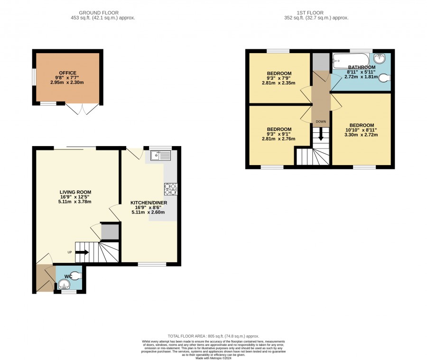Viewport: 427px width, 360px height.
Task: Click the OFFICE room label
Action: [67, 73]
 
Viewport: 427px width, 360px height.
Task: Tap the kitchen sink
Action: [161, 156]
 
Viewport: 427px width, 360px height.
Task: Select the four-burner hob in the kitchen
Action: [170, 189]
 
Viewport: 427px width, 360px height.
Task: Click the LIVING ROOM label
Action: [75, 192]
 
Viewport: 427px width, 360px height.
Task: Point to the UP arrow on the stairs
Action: [82, 252]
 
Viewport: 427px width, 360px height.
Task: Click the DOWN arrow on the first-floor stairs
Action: [321, 134]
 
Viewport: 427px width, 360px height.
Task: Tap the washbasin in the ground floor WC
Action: [64, 285]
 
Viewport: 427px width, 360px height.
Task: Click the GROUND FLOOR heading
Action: [99, 13]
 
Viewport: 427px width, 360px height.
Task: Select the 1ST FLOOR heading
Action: [310, 13]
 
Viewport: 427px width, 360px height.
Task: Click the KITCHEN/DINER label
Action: [149, 203]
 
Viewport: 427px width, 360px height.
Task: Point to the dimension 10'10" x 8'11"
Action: [361, 130]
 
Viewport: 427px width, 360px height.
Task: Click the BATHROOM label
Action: [362, 67]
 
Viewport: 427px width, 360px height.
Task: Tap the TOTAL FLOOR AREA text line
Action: [213, 336]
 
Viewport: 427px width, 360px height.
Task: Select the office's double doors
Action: [82, 109]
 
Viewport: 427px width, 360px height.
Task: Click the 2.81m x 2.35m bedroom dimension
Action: [278, 83]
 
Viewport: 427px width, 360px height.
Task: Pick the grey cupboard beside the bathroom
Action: [321, 62]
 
